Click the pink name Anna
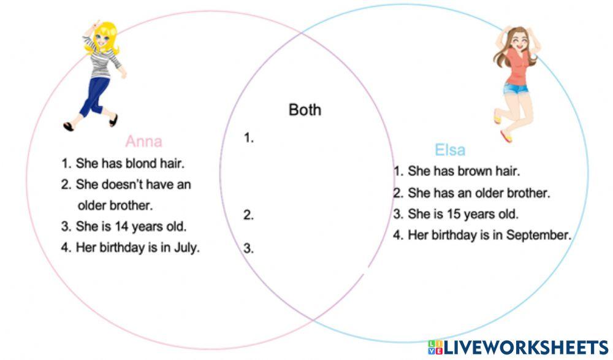(144, 142)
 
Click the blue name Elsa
(450, 150)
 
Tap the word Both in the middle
(305, 110)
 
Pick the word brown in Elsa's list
(473, 171)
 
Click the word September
(539, 235)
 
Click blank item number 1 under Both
(249, 139)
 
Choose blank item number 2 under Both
(249, 215)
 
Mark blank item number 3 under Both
(249, 248)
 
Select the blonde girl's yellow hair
(110, 31)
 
